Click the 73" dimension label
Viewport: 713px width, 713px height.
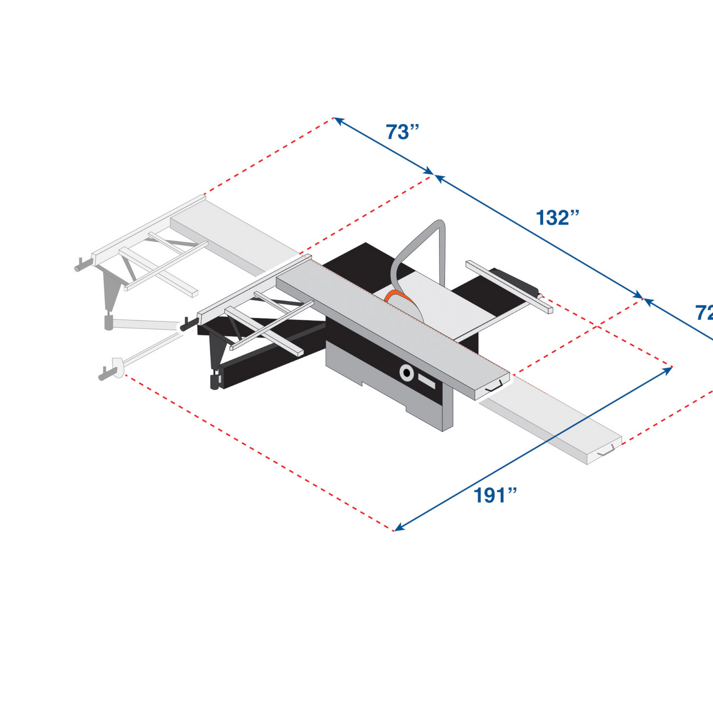[402, 132]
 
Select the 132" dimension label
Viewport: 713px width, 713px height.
[557, 218]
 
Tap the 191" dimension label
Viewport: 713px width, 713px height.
[495, 495]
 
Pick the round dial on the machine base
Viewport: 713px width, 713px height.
[407, 373]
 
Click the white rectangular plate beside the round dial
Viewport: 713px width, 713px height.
[426, 380]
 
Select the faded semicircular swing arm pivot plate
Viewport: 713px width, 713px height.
[117, 367]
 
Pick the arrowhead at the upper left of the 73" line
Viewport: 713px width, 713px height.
[338, 120]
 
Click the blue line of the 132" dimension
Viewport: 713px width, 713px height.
[538, 237]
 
